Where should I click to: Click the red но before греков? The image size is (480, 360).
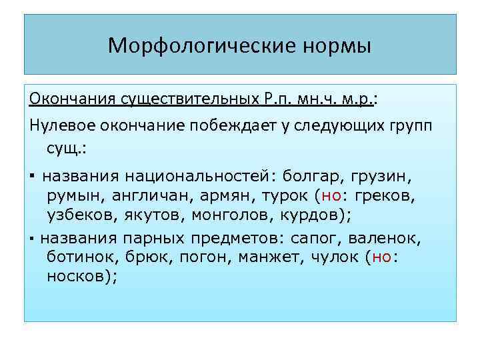pos(331,196)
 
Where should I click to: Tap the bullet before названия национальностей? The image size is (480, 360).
pos(33,177)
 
